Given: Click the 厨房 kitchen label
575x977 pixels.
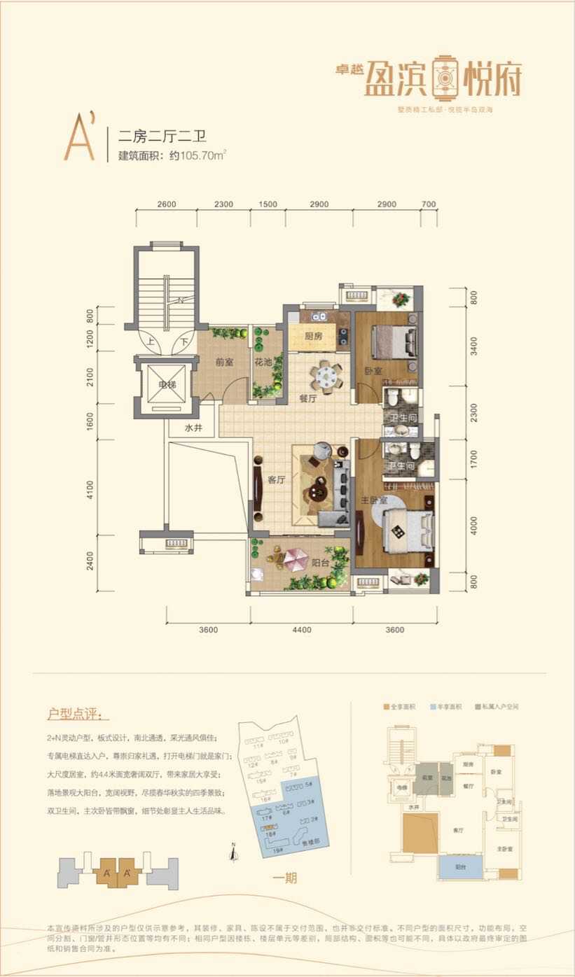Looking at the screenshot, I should click(313, 336).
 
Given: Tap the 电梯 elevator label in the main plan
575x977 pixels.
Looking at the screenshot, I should click(166, 385).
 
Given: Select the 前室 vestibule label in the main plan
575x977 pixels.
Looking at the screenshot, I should click(224, 363).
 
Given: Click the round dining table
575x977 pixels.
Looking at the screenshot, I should click(326, 376).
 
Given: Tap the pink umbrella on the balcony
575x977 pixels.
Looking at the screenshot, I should click(296, 558).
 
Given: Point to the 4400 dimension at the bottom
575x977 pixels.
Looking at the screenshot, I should click(302, 630).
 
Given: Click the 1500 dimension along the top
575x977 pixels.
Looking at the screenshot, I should click(268, 204).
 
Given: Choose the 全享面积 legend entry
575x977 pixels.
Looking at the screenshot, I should click(401, 708).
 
